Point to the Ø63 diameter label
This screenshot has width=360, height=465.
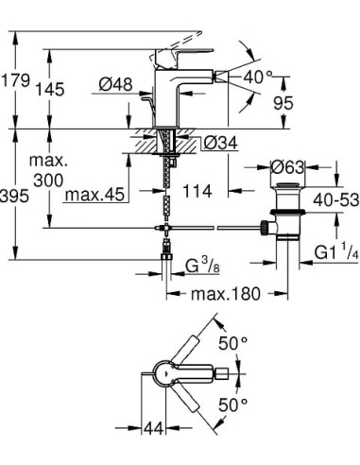tap(287, 166)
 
